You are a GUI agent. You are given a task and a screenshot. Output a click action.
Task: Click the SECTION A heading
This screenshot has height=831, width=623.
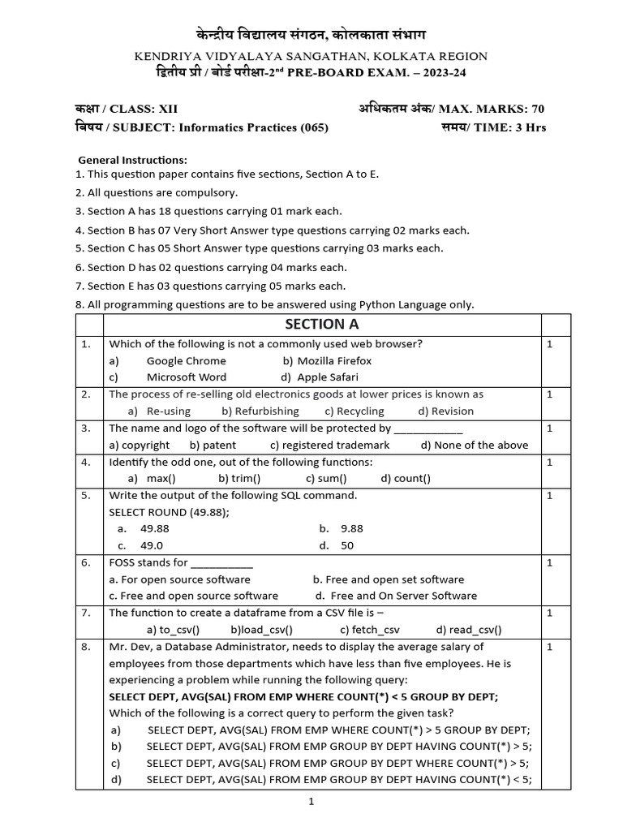321,324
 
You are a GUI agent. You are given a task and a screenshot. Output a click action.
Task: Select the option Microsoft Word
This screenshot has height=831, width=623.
187,377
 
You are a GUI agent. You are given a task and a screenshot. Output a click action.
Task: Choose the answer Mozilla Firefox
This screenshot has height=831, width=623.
334,360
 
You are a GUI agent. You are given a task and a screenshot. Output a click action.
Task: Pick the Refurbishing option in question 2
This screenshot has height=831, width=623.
267,411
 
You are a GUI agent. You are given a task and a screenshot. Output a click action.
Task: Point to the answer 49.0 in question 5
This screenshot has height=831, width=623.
152,545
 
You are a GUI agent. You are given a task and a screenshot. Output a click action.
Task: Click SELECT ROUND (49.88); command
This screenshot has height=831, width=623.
170,511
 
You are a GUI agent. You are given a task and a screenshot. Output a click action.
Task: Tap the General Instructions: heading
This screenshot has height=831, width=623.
132,159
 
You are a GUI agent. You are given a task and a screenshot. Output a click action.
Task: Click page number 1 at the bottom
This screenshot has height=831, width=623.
311,802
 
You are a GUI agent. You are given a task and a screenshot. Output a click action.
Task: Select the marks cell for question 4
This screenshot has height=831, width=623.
550,462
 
